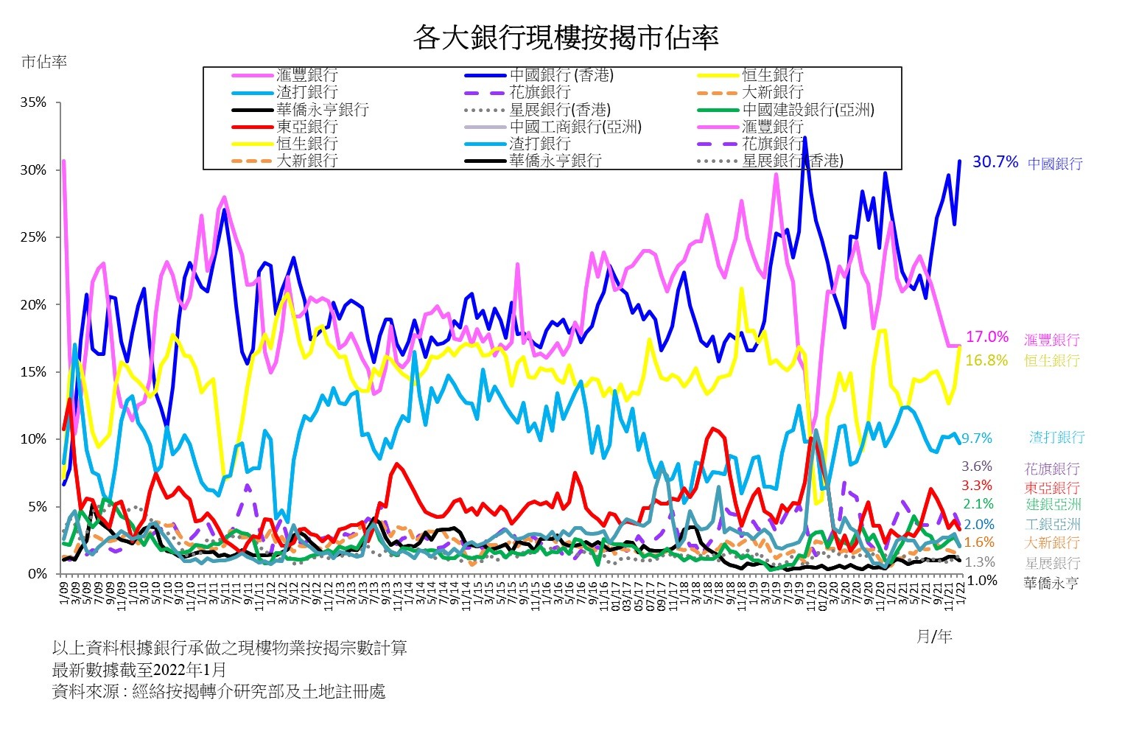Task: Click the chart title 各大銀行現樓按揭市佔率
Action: [565, 37]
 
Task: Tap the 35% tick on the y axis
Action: [33, 103]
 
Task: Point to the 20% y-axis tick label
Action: [33, 305]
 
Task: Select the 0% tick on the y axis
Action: [37, 574]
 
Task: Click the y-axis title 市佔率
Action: [44, 62]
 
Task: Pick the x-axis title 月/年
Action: [934, 637]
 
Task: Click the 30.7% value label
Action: [995, 162]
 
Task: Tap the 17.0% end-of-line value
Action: [986, 337]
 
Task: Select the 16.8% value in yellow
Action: [986, 360]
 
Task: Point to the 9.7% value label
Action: [977, 438]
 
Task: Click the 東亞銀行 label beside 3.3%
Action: [1051, 488]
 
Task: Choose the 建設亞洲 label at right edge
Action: [1053, 505]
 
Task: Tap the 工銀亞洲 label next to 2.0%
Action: [1053, 525]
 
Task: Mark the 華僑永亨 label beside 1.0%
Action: [1051, 583]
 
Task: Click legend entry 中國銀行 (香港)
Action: [561, 75]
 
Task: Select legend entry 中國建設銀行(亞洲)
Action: [808, 110]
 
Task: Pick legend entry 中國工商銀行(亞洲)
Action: [575, 127]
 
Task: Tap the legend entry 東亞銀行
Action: [306, 127]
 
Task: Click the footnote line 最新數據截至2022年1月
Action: [139, 670]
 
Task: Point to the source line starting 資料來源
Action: [219, 692]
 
